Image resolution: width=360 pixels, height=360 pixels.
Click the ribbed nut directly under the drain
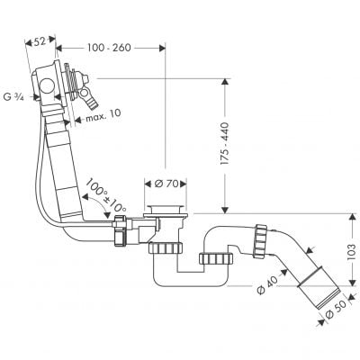click(x=166, y=246)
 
